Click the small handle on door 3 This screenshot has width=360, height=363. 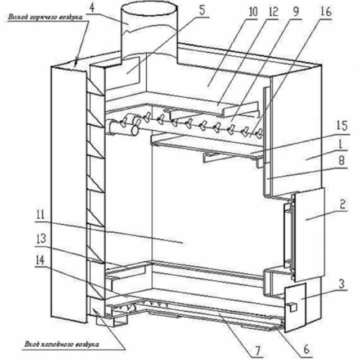click(292, 306)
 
